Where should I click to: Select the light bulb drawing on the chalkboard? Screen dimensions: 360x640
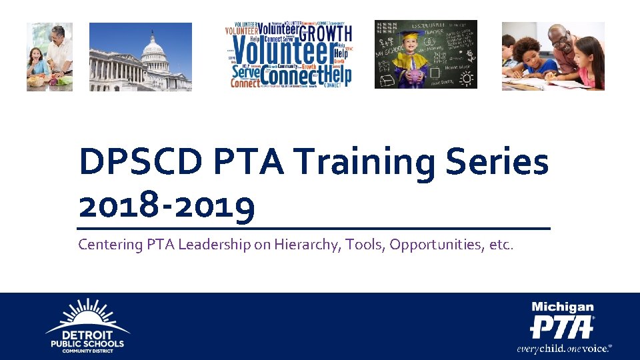click(467, 79)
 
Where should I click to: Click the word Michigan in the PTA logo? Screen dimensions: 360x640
click(562, 307)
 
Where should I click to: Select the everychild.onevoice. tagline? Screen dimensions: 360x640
click(563, 348)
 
